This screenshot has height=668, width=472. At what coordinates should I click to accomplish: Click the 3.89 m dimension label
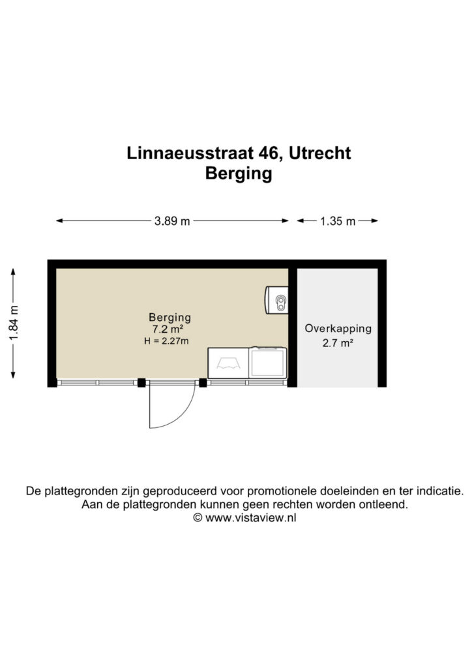[172, 221]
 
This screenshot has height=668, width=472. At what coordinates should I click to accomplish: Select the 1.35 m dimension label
[338, 221]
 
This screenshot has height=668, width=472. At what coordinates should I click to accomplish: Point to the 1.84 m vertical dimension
[14, 324]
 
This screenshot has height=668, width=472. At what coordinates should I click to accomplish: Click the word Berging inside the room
[170, 318]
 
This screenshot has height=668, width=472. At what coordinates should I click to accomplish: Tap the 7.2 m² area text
[168, 329]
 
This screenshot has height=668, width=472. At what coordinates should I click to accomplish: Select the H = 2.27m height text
[166, 341]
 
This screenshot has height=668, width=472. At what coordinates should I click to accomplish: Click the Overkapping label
[338, 329]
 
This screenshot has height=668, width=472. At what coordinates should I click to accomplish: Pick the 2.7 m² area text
[338, 343]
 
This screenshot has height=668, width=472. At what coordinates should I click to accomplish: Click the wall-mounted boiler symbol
[276, 300]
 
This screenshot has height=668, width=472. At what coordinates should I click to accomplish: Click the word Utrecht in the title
[319, 153]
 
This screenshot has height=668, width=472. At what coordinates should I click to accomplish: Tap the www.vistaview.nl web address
[251, 518]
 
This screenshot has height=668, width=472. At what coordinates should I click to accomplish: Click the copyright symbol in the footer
[198, 518]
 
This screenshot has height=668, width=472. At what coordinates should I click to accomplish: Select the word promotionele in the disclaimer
[282, 491]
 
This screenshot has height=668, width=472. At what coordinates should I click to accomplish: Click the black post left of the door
[141, 382]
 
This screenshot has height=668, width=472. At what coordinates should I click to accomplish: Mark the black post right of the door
[203, 382]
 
